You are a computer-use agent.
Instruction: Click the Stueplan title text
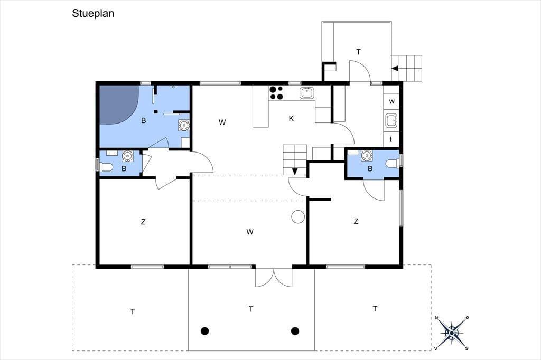pos(93,13)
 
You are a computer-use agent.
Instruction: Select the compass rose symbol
pos(451,333)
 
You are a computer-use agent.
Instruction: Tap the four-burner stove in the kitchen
pos(276,92)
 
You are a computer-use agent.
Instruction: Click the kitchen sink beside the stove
pos(306,93)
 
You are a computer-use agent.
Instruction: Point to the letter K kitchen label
pos(291,119)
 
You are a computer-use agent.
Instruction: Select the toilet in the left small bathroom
pos(105,167)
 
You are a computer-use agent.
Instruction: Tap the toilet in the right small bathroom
pos(393,163)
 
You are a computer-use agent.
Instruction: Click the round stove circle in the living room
pos(298,217)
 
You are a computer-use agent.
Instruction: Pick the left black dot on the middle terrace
pos(205,331)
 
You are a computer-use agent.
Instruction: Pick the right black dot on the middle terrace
pos(295,331)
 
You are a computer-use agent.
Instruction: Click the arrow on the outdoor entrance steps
pos(395,68)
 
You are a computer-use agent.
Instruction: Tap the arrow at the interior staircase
pos(295,172)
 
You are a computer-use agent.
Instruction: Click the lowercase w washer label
pos(391,101)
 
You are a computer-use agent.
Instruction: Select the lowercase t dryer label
pos(391,139)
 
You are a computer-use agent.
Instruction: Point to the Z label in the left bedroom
pos(143,222)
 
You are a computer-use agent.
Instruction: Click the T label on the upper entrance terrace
pos(359,52)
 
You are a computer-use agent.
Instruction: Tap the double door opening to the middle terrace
pos(274,278)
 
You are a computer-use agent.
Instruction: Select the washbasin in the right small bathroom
pos(367,156)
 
